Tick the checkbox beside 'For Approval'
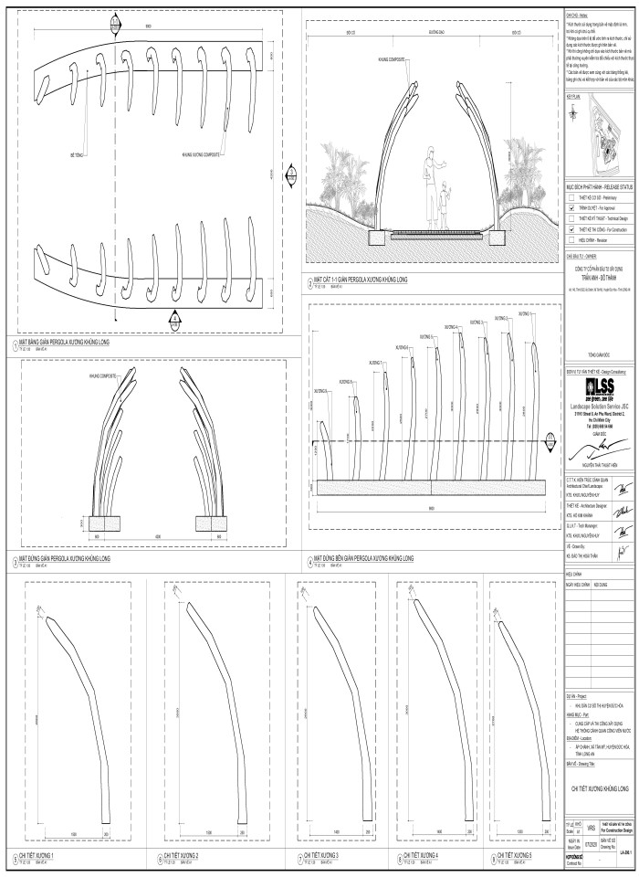571,208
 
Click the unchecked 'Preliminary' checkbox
571,197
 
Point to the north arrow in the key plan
572,111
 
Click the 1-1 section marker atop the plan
115,21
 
